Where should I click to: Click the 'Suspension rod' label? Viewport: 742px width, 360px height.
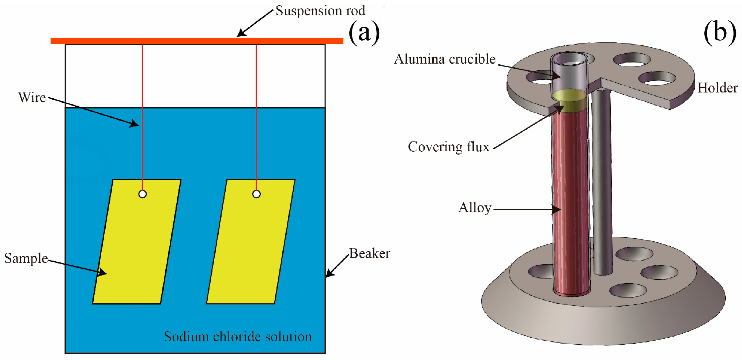tap(320, 11)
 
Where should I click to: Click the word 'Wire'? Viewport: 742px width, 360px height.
tap(32, 98)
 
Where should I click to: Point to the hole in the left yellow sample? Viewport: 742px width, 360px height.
tap(143, 194)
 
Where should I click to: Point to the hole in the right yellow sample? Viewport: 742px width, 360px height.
tap(256, 194)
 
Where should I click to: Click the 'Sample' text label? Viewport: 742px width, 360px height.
tap(26, 258)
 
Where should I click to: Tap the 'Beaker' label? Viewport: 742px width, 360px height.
tap(369, 253)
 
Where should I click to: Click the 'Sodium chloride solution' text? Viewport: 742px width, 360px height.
tap(238, 337)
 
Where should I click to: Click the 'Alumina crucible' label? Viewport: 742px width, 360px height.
tap(445, 59)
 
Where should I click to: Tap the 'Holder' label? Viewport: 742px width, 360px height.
tap(717, 88)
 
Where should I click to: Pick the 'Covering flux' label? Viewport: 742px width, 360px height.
tap(449, 147)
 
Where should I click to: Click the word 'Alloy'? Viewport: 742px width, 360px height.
tap(475, 208)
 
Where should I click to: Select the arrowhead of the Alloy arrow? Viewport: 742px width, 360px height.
tap(557, 209)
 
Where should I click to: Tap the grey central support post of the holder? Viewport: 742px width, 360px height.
tap(602, 183)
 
